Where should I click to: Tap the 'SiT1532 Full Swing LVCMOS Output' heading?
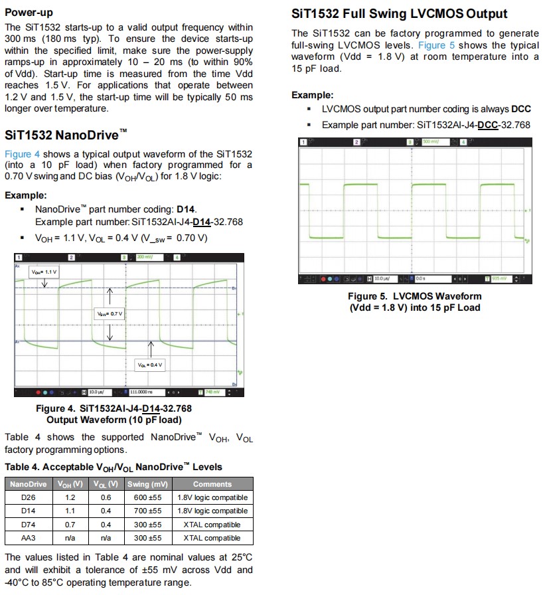[x=400, y=13]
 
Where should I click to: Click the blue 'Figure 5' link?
[x=431, y=45]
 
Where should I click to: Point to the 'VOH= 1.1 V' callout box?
[x=44, y=272]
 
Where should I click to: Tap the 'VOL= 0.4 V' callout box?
[x=150, y=365]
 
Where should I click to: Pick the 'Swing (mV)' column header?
[x=147, y=484]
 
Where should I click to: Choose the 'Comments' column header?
[x=212, y=484]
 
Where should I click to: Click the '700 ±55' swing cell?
[x=147, y=511]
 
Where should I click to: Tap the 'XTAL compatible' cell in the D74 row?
[x=212, y=525]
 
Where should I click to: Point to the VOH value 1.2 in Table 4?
[x=70, y=497]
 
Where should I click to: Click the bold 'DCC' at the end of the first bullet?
[x=520, y=110]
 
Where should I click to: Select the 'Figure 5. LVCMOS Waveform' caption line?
[x=415, y=296]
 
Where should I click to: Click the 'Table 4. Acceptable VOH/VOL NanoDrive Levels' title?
[x=114, y=467]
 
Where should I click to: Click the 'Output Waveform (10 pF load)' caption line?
[x=114, y=420]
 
